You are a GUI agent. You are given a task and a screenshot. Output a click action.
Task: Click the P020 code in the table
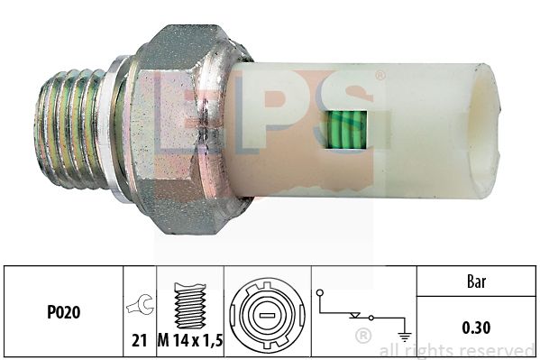pos(64,312)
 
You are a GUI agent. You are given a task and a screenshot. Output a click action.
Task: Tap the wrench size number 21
pos(140,341)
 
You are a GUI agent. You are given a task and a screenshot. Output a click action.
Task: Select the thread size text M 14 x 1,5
pos(190,341)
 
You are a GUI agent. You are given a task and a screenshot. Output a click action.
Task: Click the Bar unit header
pos(476,282)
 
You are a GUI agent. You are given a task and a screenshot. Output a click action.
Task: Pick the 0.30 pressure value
pos(476,328)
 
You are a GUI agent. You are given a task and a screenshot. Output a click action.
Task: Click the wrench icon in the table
pos(140,304)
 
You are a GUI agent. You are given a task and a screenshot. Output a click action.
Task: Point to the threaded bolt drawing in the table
pos(190,305)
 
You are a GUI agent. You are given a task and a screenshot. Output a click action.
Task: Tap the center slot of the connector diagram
pos(267,315)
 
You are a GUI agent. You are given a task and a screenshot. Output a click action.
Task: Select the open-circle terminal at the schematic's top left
pos(320,293)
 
